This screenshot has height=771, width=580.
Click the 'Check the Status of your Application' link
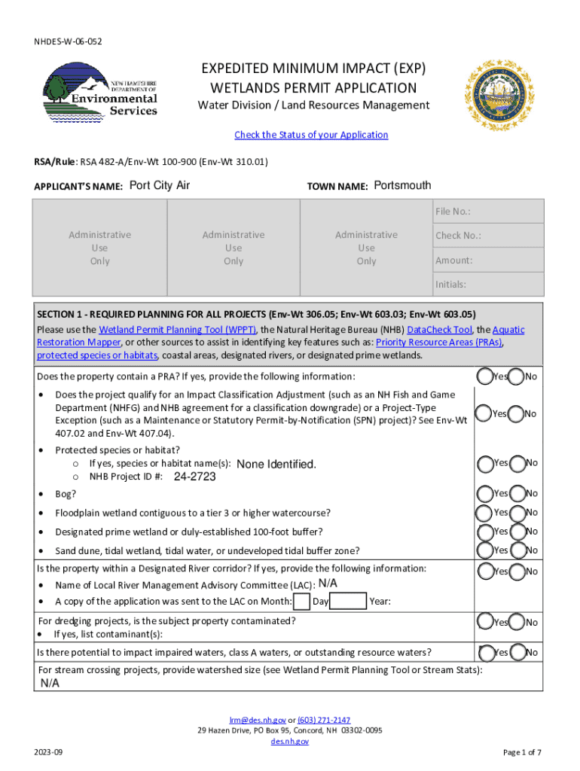pyautogui.click(x=311, y=135)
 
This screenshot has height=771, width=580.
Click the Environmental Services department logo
pyautogui.click(x=102, y=90)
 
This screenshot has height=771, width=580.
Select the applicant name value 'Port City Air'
pyautogui.click(x=160, y=186)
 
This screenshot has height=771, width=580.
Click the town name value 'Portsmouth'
pyautogui.click(x=402, y=186)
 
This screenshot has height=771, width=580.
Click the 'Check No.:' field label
pyautogui.click(x=458, y=236)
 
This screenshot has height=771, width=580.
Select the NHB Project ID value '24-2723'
pyautogui.click(x=194, y=477)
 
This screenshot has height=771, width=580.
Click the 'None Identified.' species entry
pyautogui.click(x=276, y=464)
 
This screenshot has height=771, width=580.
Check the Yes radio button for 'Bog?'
pyautogui.click(x=485, y=494)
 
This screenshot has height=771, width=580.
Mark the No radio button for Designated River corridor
pyautogui.click(x=517, y=572)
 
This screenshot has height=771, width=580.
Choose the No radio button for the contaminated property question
pyautogui.click(x=517, y=623)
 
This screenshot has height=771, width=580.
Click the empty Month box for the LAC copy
pyautogui.click(x=301, y=602)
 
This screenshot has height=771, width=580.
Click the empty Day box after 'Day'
pyautogui.click(x=348, y=602)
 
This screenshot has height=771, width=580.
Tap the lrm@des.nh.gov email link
pyautogui.click(x=256, y=720)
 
